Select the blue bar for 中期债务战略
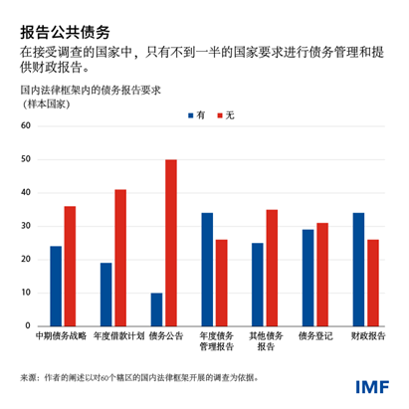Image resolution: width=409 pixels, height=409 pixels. point(56,286)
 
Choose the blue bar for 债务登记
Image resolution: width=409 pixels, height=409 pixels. point(307,278)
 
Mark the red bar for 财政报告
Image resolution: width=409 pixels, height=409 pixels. point(372,282)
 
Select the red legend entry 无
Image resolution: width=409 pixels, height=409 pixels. point(225,115)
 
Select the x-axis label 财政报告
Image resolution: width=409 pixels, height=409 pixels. point(365,337)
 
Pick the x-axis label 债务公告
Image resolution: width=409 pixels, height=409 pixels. point(164,337)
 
